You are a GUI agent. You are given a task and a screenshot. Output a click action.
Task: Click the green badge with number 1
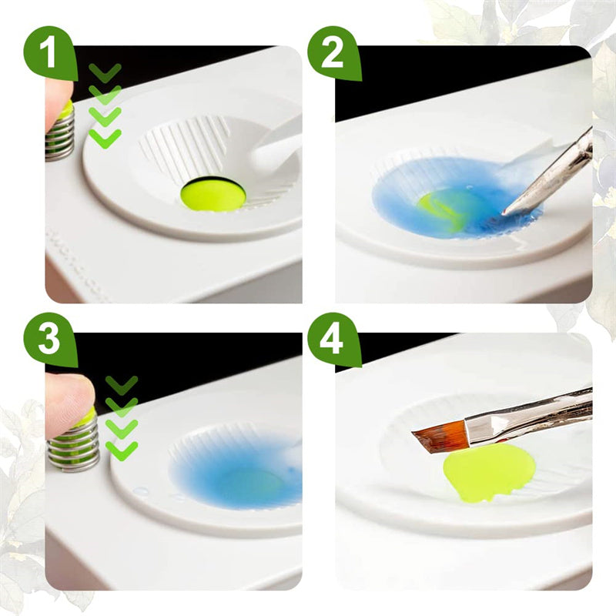pyautogui.click(x=50, y=52)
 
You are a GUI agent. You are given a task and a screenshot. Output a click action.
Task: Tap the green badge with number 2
pyautogui.click(x=333, y=52)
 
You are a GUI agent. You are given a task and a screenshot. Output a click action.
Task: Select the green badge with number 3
pyautogui.click(x=50, y=339)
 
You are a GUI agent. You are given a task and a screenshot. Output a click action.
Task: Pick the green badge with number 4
pyautogui.click(x=333, y=339)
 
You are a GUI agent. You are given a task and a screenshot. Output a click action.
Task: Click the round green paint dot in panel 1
pyautogui.click(x=213, y=194)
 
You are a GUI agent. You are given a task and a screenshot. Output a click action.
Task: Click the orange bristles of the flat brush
pyautogui.click(x=440, y=436)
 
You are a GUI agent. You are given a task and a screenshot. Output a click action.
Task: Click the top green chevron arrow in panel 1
pyautogui.click(x=105, y=72)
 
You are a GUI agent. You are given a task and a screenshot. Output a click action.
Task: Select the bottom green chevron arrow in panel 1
pyautogui.click(x=105, y=139)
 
